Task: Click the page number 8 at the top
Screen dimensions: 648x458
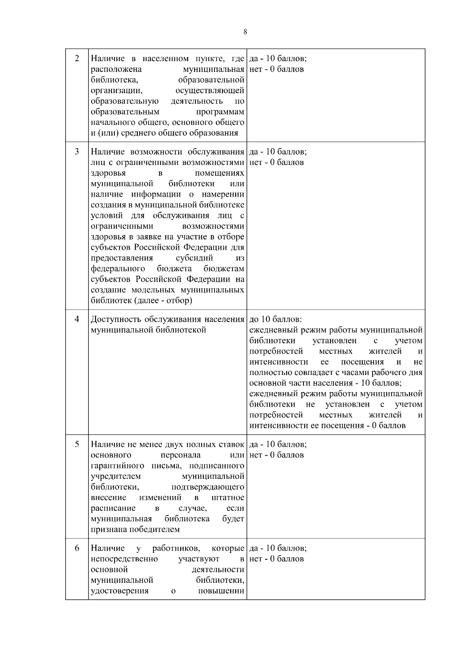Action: point(245,32)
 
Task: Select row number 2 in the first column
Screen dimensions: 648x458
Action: point(77,58)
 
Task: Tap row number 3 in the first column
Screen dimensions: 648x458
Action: point(77,152)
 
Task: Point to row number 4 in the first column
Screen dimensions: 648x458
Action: point(77,319)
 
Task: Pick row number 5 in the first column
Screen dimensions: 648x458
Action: point(77,444)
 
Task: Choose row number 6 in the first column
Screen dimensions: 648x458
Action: point(77,548)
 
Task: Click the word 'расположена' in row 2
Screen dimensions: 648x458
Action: point(116,69)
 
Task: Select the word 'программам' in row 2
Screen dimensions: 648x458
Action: point(220,112)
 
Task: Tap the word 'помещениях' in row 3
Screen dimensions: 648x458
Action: point(222,173)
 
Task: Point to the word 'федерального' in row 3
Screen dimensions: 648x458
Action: point(118,268)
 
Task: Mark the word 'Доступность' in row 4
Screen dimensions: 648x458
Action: point(116,319)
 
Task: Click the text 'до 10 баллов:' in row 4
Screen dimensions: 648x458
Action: point(276,319)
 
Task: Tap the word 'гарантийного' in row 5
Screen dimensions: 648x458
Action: point(118,466)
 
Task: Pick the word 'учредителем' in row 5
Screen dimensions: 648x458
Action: point(116,477)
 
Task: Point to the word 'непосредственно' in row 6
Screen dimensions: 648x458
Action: point(124,559)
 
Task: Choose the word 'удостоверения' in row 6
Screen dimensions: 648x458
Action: point(119,591)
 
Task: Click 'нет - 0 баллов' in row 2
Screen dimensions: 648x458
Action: point(277,69)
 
